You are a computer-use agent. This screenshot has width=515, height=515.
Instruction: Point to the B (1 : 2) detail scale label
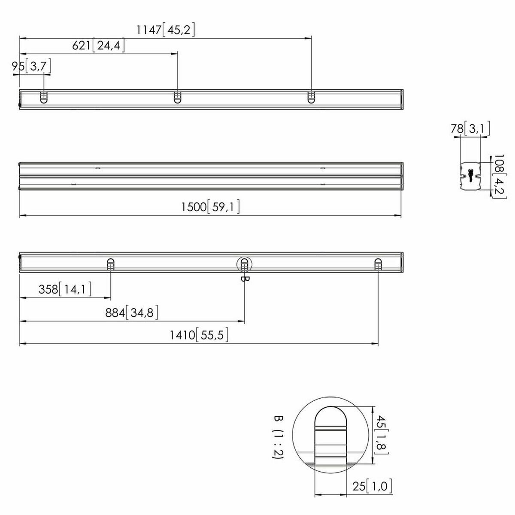tap(278, 437)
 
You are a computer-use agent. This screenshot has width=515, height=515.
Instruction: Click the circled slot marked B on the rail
tap(244, 265)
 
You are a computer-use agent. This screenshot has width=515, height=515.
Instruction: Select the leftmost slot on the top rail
tap(44, 97)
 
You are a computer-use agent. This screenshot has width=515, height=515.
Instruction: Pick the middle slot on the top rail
tap(177, 97)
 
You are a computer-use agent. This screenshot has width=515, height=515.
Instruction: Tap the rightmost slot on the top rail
tap(311, 97)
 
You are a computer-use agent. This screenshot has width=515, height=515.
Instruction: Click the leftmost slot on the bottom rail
tap(110, 264)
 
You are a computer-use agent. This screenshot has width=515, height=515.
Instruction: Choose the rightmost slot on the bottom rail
tap(378, 264)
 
